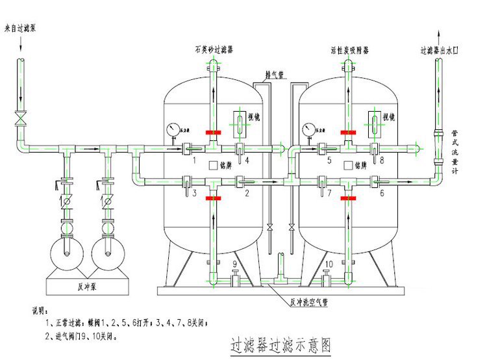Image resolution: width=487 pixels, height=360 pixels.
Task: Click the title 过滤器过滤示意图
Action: pos(281,344)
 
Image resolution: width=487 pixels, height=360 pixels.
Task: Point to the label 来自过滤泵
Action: pos(19,29)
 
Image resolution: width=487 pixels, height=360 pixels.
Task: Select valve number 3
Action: pos(194,193)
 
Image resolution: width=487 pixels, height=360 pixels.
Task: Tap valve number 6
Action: pos(382,193)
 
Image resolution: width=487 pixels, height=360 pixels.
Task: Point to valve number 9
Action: pos(235,263)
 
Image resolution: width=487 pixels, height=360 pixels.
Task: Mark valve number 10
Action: pos(329,263)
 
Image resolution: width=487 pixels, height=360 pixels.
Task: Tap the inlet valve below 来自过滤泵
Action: pos(21,119)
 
